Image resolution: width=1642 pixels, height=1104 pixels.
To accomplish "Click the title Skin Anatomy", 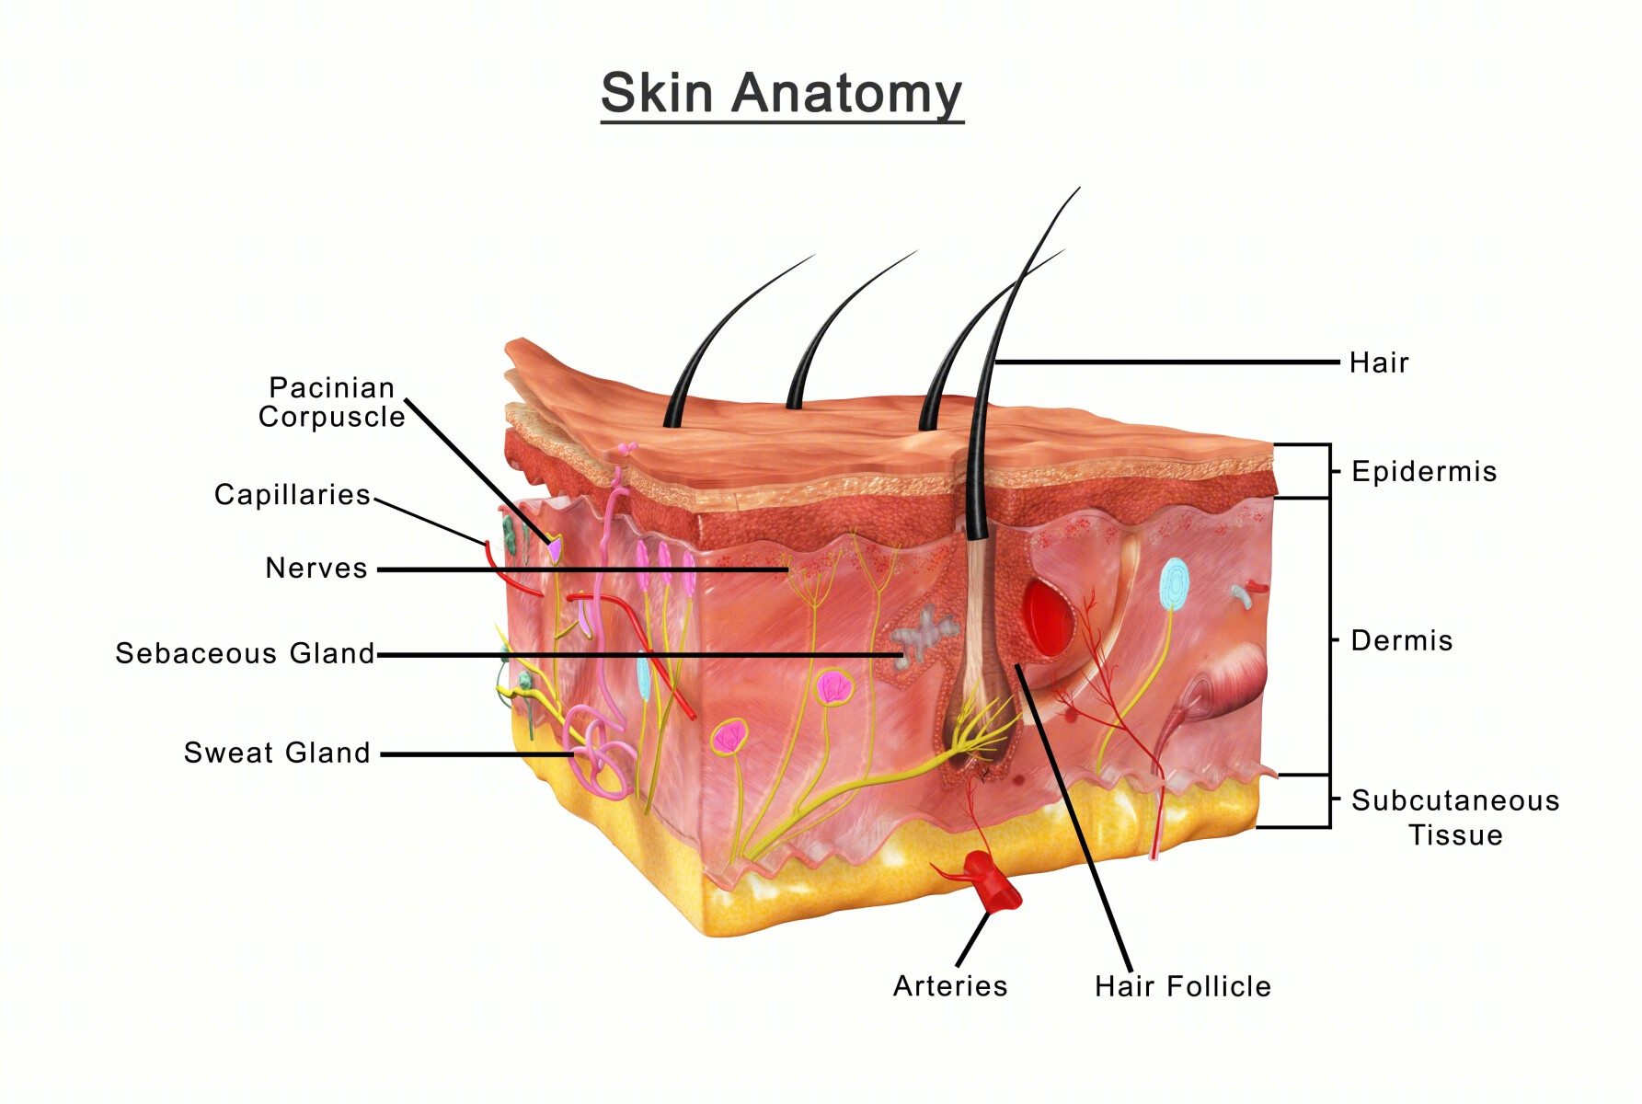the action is [781, 94].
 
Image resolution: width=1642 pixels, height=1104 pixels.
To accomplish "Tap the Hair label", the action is [1378, 362].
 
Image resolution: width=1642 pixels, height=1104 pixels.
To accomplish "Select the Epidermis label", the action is [1423, 472].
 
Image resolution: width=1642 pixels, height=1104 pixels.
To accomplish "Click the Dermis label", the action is [1401, 640].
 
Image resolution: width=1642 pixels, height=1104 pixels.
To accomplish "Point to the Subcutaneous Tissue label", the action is [1455, 817].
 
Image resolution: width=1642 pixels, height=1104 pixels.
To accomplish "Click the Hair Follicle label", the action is [1182, 986].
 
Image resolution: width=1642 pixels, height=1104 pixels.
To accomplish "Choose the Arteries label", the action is [950, 986].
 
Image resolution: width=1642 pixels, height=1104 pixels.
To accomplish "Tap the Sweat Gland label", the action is [277, 753].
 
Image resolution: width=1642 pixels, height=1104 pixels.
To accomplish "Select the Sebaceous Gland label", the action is [245, 653].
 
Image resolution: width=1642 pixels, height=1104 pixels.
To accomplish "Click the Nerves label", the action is [316, 568].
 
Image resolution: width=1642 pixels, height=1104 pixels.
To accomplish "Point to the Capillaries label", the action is [293, 495].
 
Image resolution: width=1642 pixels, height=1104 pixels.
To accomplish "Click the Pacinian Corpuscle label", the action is [332, 402].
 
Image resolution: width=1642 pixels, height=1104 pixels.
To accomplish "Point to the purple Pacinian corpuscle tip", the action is [555, 549].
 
